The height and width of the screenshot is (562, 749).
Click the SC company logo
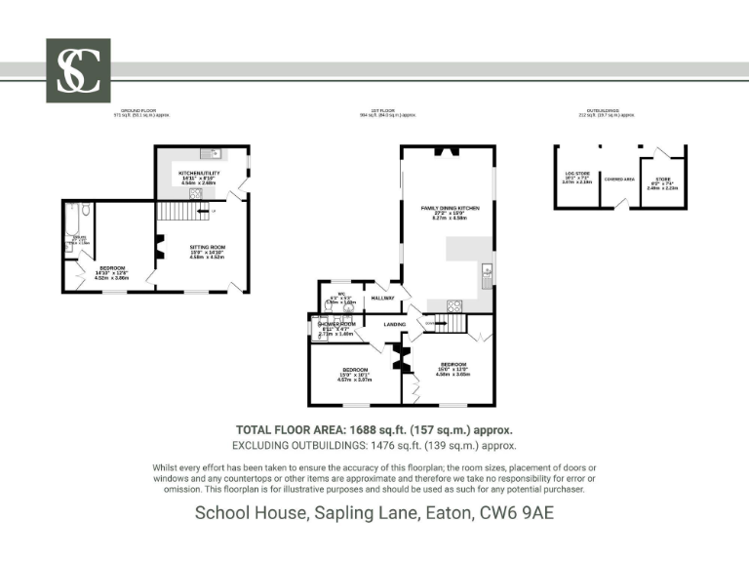click(x=78, y=70)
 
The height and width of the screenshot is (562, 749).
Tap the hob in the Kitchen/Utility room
click(x=195, y=193)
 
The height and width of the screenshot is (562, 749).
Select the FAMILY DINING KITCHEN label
click(x=450, y=209)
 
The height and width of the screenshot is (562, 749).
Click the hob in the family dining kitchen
click(x=453, y=305)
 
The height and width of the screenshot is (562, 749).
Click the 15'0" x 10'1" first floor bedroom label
click(x=354, y=371)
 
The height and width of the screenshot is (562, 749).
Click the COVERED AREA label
click(x=619, y=179)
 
